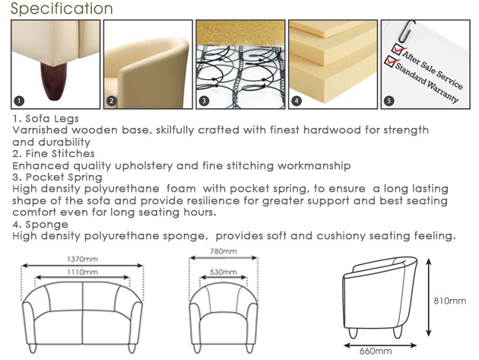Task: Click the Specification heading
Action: pos(62,8)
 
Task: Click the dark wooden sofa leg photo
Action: pos(56,64)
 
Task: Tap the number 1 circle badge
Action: pos(19,101)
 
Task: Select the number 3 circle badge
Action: pos(204,101)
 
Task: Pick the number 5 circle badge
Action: pos(389,101)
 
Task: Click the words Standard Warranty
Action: pos(427,83)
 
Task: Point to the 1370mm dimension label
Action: pos(82,260)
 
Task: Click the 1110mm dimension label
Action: pos(82,272)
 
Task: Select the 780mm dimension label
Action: pos(224,251)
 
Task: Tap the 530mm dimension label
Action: pos(224,272)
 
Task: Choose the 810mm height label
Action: pos(450,301)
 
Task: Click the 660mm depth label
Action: pos(376,351)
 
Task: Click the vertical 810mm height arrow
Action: pos(429,298)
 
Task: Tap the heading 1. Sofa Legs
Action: pos(46,119)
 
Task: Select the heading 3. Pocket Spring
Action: pos(58,177)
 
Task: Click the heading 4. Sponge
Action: pos(40,225)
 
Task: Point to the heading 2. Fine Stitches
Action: pos(54,154)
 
